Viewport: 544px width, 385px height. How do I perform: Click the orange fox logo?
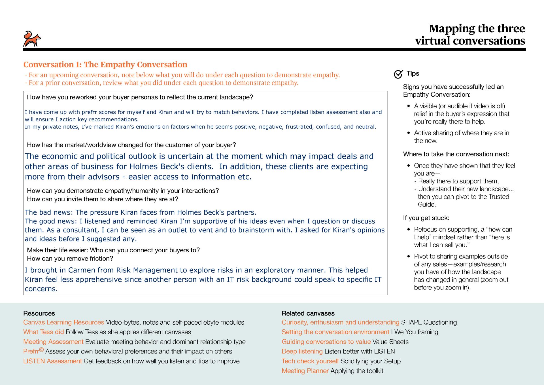tap(32, 39)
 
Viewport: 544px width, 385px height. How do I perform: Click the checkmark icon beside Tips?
tap(398, 74)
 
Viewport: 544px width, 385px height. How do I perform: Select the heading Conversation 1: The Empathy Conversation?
tap(105, 65)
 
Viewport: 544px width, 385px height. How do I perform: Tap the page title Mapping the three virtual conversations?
tap(470, 35)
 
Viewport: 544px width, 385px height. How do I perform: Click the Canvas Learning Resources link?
tap(64, 322)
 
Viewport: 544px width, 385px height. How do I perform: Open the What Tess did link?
tap(43, 332)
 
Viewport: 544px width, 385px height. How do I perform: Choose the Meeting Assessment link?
tap(53, 342)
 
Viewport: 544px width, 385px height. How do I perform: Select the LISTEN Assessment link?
tap(52, 361)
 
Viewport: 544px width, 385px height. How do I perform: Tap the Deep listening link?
tap(302, 351)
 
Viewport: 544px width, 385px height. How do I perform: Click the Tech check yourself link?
tap(310, 361)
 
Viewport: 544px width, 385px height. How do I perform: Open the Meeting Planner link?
tap(305, 371)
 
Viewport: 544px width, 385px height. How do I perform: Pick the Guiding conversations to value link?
tap(326, 342)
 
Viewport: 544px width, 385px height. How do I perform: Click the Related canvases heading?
tap(308, 313)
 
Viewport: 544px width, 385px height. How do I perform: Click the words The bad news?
tap(49, 212)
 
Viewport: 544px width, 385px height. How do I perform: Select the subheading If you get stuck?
tap(426, 218)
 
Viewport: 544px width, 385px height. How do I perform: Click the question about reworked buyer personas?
tap(140, 97)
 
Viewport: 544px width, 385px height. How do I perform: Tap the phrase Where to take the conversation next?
tap(456, 154)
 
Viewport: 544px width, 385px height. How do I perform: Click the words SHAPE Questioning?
tap(429, 322)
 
